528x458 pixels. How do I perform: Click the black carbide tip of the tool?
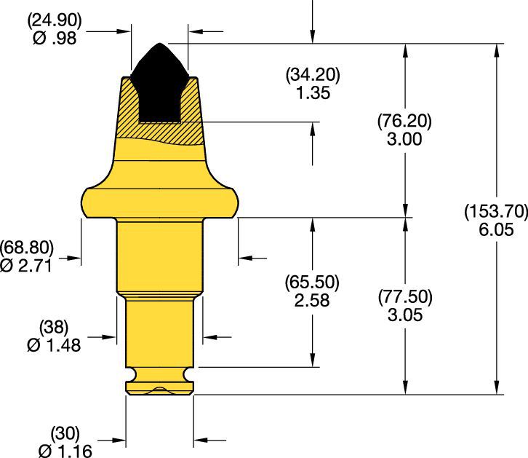coord(160,80)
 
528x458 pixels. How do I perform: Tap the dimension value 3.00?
coord(406,139)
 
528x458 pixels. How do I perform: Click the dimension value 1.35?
coord(313,92)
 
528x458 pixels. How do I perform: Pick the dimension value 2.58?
coord(313,299)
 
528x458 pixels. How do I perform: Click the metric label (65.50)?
coord(313,283)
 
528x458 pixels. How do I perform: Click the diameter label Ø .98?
coord(55,39)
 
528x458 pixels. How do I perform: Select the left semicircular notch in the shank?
coord(129,375)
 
